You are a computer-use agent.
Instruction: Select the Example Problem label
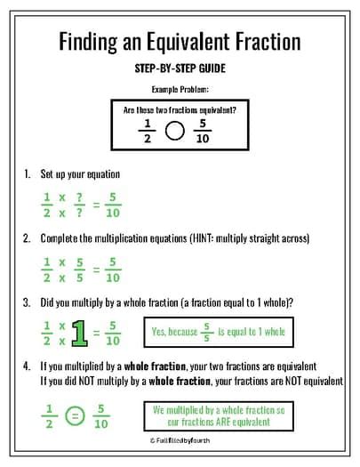click(180, 90)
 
